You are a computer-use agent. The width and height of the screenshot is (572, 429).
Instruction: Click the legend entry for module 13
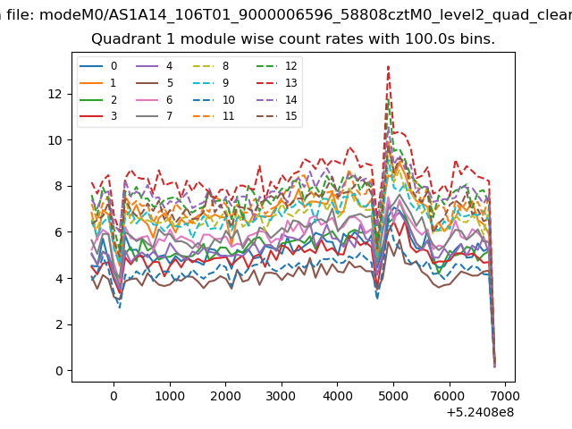click(x=276, y=83)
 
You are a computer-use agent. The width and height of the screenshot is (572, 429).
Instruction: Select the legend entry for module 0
click(x=98, y=66)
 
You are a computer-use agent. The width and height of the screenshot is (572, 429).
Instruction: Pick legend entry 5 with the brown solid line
click(x=155, y=83)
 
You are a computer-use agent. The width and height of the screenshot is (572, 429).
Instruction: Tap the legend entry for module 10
click(x=214, y=99)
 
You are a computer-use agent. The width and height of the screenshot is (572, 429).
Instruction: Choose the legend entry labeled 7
click(x=155, y=116)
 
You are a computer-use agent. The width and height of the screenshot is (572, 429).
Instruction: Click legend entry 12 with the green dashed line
click(x=276, y=66)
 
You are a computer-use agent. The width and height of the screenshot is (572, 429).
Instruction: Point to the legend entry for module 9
click(x=211, y=83)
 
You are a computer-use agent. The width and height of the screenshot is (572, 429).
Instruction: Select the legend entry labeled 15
click(x=276, y=116)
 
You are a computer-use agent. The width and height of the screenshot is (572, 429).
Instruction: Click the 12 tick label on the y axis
click(x=55, y=94)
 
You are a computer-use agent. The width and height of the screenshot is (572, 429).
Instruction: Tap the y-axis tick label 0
click(x=59, y=371)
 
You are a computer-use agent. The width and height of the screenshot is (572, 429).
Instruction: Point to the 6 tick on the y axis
click(x=59, y=232)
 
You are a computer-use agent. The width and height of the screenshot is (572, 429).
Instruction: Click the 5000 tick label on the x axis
click(x=393, y=396)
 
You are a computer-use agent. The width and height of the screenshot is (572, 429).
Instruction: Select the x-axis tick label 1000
click(x=170, y=396)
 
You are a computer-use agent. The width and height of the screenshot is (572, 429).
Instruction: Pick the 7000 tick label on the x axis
click(x=505, y=396)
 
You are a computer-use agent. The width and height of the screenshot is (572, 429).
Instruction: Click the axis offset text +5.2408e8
click(x=480, y=413)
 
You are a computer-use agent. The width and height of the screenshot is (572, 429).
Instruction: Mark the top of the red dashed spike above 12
click(x=389, y=66)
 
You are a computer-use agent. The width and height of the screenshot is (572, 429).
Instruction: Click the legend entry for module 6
click(x=155, y=99)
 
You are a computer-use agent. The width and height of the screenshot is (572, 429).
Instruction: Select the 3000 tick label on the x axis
click(x=281, y=396)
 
